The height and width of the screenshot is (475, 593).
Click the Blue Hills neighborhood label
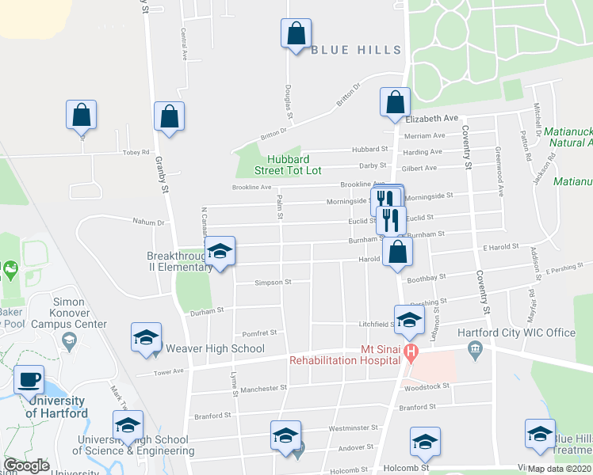357,50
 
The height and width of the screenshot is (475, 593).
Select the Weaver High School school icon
146,337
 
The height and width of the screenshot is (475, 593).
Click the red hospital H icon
410,351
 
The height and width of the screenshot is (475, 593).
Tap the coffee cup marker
29,379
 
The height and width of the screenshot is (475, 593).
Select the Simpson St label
273,282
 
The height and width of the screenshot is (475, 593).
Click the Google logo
26,465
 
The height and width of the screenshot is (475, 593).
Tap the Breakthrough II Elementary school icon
220,252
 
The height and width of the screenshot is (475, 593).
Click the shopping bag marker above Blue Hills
295,34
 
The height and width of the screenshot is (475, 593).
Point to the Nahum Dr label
148,223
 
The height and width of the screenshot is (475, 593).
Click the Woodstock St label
427,386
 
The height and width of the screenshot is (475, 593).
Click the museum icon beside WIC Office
474,348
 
